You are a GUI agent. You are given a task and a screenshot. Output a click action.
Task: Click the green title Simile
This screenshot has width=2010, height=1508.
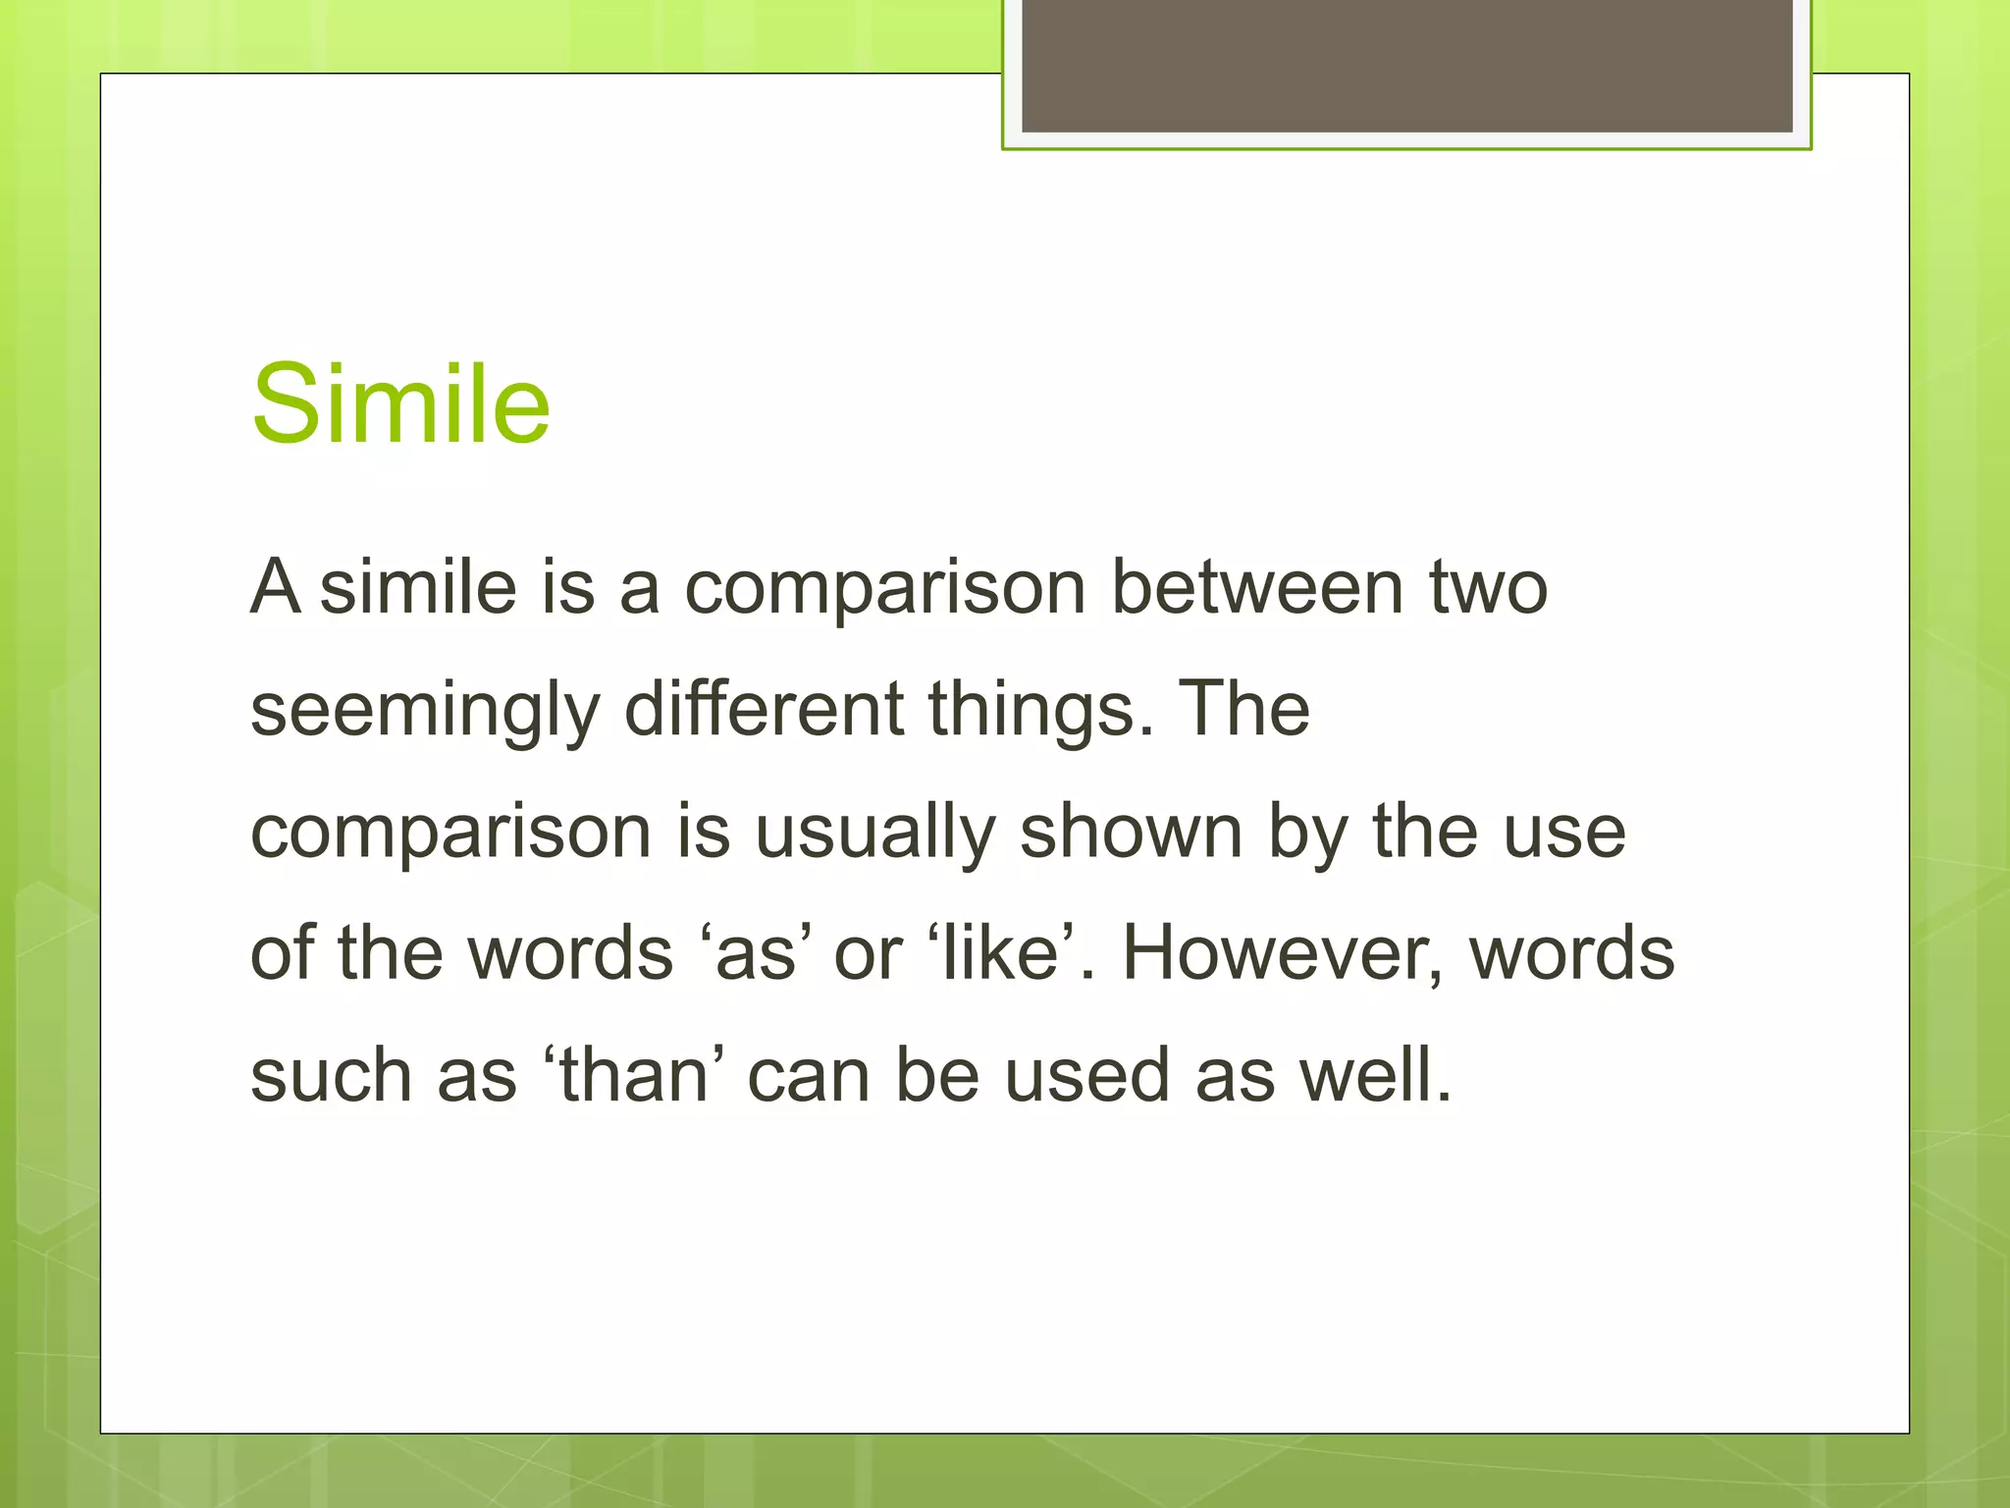pos(400,404)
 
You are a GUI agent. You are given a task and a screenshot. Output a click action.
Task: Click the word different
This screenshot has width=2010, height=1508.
pos(764,709)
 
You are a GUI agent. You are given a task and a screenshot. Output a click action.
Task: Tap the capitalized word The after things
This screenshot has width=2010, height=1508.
pos(1243,709)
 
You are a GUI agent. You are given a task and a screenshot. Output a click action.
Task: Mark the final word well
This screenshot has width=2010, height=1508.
pos(1374,1075)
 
